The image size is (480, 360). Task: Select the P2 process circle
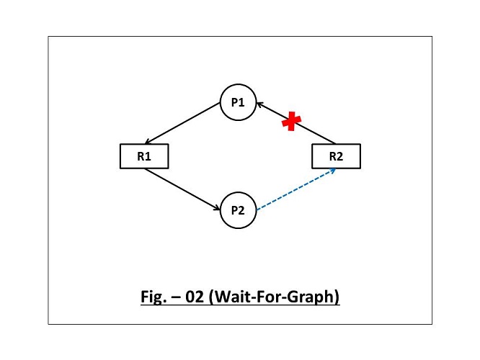pos(239,210)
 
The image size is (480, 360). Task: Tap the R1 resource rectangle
pos(143,156)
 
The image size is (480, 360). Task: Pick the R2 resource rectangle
pos(335,156)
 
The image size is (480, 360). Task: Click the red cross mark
pos(290,122)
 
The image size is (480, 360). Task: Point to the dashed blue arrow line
pos(295,189)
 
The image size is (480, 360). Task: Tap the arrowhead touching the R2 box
pos(333,171)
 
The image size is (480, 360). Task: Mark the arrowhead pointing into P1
pos(259,105)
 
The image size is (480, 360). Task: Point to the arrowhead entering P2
pos(218,208)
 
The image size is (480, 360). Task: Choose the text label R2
pos(335,156)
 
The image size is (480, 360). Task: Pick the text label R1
pos(143,156)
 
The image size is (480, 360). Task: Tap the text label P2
pos(239,210)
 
